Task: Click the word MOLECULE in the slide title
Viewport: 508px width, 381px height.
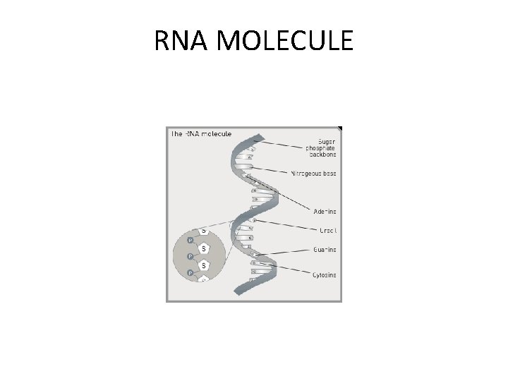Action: pyautogui.click(x=286, y=42)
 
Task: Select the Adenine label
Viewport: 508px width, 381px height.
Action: pyautogui.click(x=325, y=211)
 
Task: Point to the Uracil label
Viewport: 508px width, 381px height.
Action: pyautogui.click(x=327, y=231)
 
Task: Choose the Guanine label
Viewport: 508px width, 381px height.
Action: pyautogui.click(x=325, y=250)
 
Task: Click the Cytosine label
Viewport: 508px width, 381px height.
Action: pyautogui.click(x=325, y=274)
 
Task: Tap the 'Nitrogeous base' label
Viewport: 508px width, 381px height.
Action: pyautogui.click(x=313, y=172)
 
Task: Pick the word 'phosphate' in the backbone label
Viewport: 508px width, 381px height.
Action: pyautogui.click(x=322, y=147)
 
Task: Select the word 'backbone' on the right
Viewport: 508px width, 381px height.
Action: pyautogui.click(x=323, y=154)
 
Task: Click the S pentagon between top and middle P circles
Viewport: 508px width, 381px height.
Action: pyautogui.click(x=204, y=248)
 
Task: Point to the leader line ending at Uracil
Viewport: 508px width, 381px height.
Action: pyautogui.click(x=282, y=226)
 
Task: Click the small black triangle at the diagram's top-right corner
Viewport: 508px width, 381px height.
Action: pyautogui.click(x=339, y=129)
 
